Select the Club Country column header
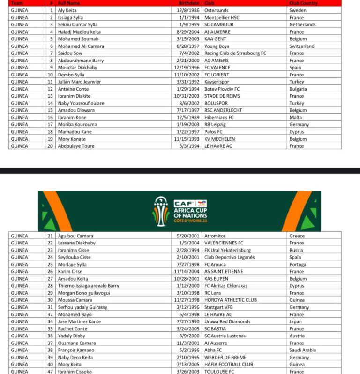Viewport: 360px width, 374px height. click(x=303, y=3)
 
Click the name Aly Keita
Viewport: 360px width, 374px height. click(x=68, y=10)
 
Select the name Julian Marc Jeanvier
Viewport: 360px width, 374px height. click(x=79, y=82)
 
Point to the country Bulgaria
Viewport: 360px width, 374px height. click(x=299, y=89)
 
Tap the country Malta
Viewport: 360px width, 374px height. click(x=296, y=117)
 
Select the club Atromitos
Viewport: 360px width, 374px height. click(x=215, y=236)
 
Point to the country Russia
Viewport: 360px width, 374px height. click(x=297, y=250)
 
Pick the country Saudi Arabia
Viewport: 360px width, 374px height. click(x=303, y=350)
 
